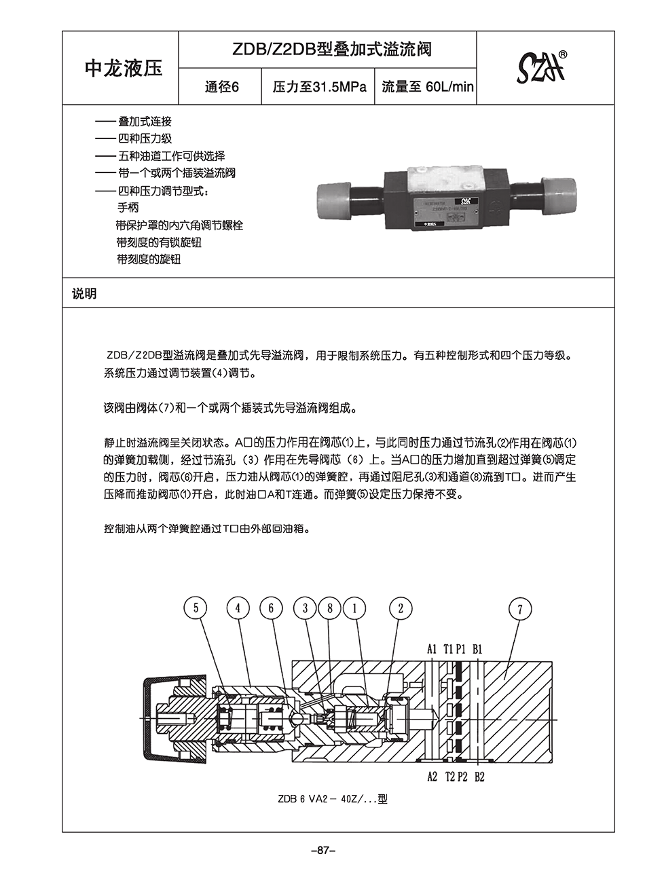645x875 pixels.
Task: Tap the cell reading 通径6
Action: (221, 87)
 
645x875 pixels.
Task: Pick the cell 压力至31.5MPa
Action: (318, 87)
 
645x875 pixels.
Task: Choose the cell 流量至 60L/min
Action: (426, 87)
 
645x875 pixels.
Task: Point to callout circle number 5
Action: (196, 608)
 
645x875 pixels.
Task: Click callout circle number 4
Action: (238, 608)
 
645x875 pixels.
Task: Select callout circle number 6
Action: (271, 608)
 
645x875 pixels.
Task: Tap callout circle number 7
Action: (520, 609)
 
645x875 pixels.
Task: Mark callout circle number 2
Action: (401, 608)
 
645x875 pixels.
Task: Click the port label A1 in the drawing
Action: (432, 649)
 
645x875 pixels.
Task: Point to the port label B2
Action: (479, 777)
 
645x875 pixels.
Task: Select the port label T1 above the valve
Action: (448, 649)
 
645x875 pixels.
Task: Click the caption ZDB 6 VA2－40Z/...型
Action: (332, 799)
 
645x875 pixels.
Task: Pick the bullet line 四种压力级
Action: (144, 138)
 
